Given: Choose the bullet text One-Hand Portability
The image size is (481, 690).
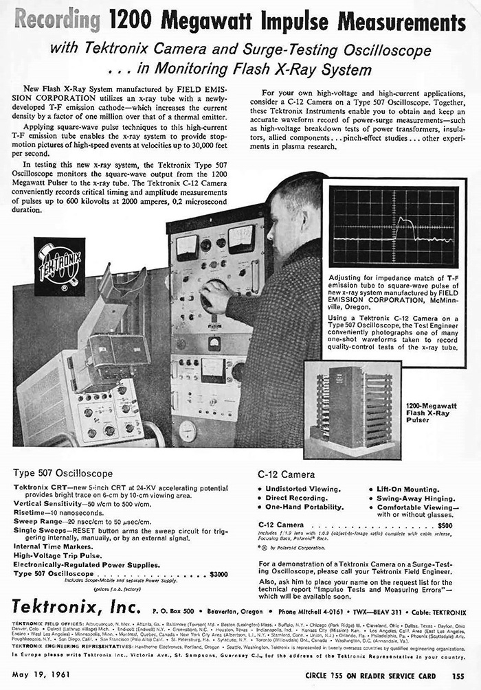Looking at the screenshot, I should (x=304, y=507).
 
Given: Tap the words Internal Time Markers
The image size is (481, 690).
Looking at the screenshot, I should (x=52, y=547).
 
